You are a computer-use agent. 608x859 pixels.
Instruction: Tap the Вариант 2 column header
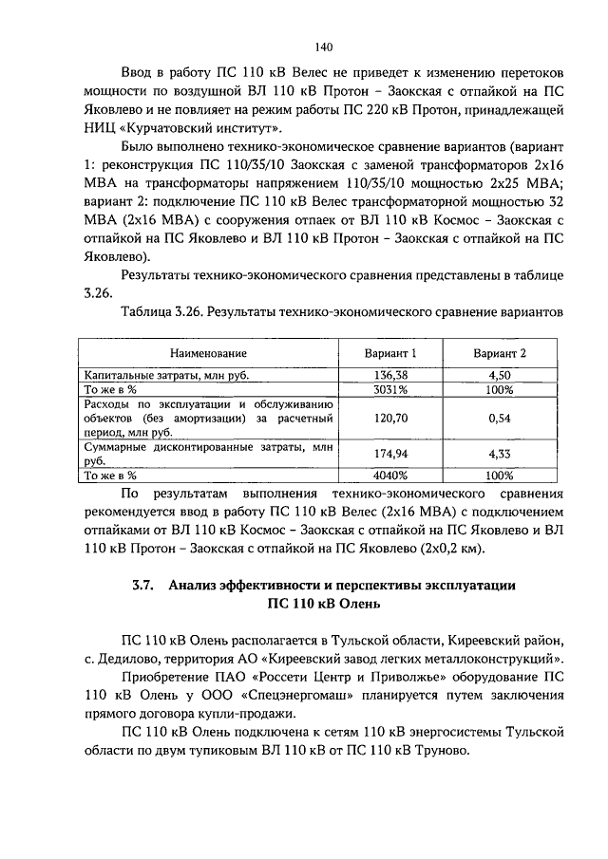coord(500,353)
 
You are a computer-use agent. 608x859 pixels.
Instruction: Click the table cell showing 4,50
coord(500,376)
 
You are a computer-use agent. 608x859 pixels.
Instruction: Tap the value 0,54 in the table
coord(500,418)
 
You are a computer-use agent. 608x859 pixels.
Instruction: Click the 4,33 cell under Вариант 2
coord(500,455)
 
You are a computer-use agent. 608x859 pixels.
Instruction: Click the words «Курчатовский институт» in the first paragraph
coord(214,126)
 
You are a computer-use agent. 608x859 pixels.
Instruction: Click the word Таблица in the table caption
coord(148,310)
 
